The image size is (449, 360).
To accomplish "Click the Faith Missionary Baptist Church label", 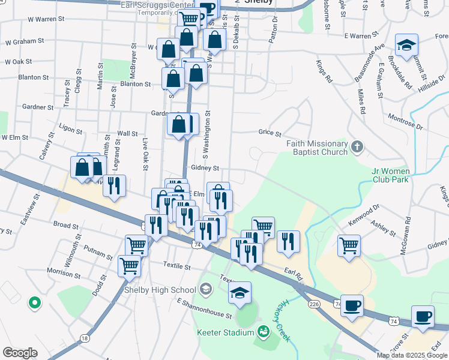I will point(317,148).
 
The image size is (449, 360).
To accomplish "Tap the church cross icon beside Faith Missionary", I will point(357,146).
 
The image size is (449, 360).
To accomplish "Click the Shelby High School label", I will point(160,290).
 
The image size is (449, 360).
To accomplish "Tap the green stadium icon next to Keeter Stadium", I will point(262,331).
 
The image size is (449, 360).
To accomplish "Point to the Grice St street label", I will point(270,133).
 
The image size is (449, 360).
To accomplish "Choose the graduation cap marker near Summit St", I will point(406,46).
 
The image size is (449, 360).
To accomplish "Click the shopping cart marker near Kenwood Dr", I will point(349,245).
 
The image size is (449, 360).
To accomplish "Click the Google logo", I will point(20,353).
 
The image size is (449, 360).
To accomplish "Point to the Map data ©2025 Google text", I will point(412,355).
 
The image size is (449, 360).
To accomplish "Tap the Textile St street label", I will point(177,265).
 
